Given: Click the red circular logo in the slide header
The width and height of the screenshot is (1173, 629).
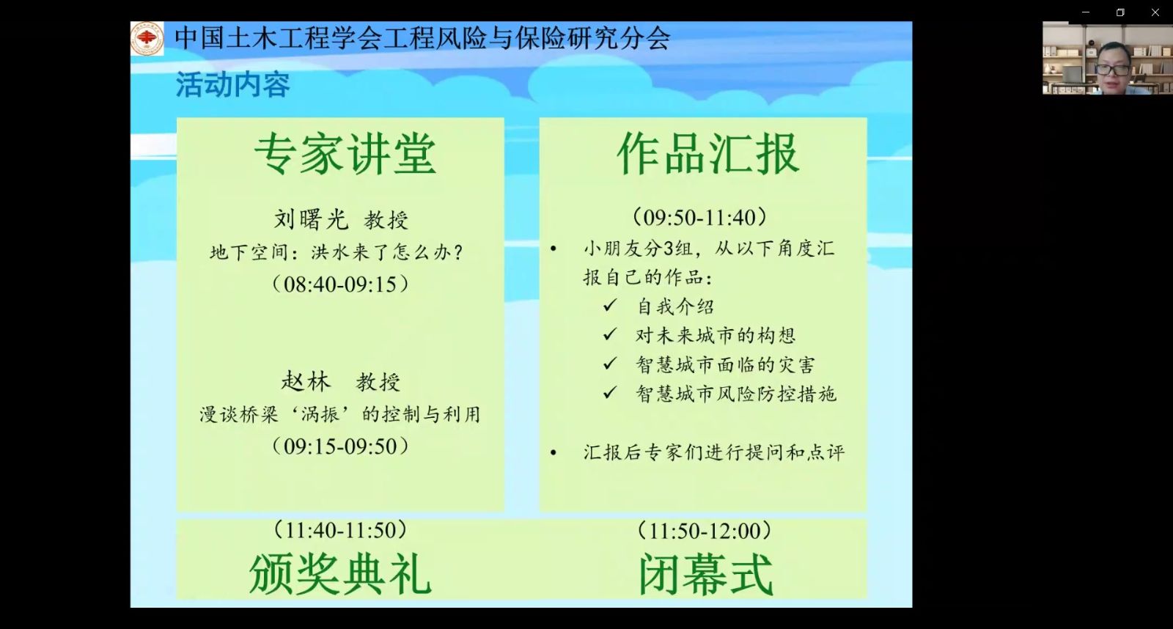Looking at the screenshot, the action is coord(147,38).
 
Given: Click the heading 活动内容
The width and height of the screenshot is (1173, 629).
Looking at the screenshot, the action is coord(232,85).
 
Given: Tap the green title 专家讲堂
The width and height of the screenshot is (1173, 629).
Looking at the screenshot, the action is coord(345,154).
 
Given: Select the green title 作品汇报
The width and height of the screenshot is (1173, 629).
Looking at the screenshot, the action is coord(708,154).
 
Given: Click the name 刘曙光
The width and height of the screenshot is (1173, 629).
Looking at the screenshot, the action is coord(311,219).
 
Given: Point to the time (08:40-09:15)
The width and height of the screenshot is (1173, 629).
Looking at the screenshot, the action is coord(340,284).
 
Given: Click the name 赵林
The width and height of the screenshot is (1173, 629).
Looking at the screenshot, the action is coord(306,381).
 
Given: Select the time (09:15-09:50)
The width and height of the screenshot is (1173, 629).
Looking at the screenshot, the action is coord(340,446).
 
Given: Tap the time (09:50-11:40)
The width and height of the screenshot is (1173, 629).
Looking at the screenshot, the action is coord(699,217).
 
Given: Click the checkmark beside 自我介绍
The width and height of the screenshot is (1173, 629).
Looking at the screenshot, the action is coord(609,305).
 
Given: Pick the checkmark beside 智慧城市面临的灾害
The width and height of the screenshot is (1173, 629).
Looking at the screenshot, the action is coord(609,363).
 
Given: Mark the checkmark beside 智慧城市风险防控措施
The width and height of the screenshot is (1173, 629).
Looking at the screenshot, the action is coord(609,392).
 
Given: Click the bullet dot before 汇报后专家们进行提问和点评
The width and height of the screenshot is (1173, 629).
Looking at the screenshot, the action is coord(554,452).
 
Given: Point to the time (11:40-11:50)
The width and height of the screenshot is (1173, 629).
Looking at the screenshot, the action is coord(340,530).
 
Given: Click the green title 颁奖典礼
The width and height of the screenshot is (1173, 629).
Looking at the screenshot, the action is coord(340,575).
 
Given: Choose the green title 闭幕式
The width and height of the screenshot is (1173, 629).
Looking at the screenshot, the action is coord(705,575).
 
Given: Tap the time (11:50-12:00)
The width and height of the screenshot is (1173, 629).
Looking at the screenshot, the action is coord(705,531).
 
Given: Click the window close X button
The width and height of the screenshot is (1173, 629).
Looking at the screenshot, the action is coord(1155,12).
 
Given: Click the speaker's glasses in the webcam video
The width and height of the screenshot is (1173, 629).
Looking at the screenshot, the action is coord(1111,68).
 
